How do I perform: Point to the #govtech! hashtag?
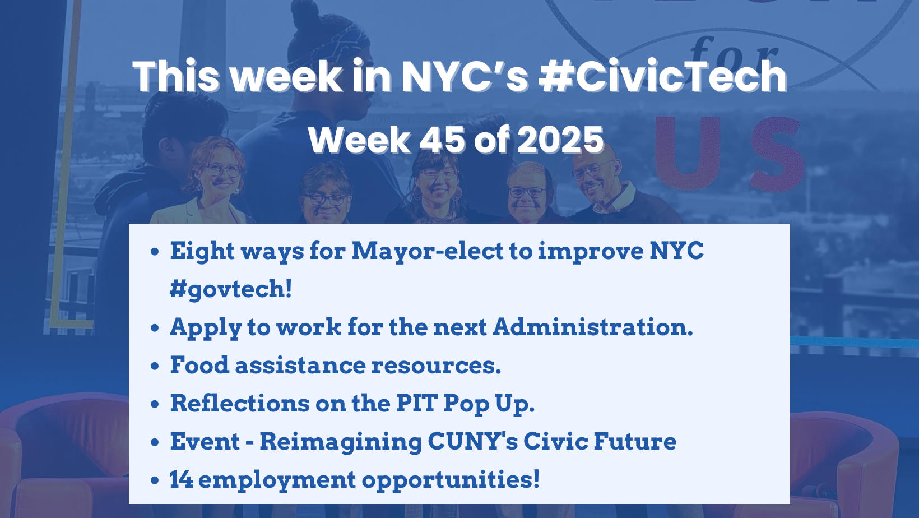point(231,289)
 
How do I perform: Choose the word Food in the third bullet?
point(199,365)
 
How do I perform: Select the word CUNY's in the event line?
point(472,441)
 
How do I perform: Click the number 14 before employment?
point(181,479)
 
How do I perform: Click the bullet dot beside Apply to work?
point(155,328)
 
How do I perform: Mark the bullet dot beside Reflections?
point(155,404)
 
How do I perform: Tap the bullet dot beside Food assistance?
point(155,366)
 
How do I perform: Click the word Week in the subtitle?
point(359,140)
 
